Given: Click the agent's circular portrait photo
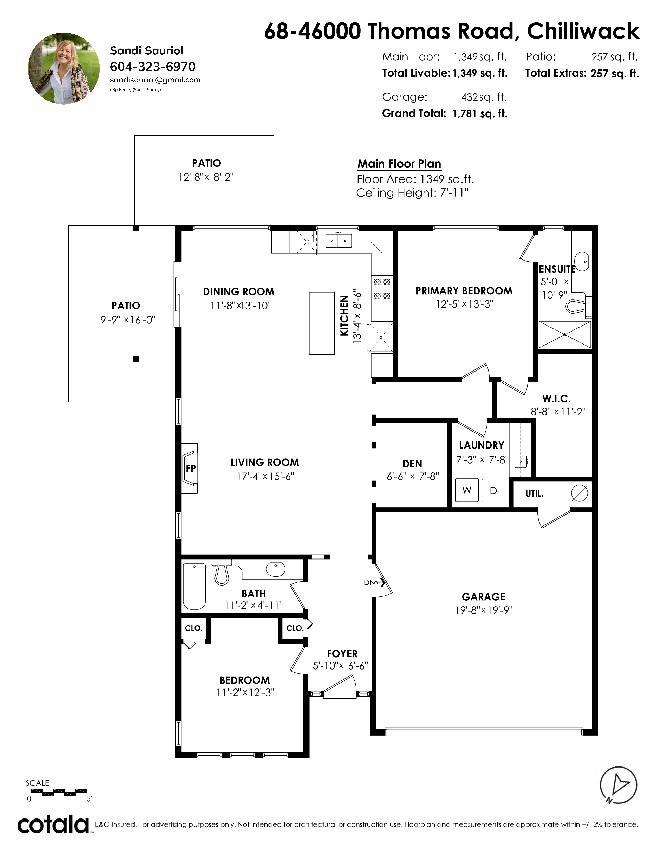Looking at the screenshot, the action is [x=64, y=68].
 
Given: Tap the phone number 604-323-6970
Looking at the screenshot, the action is [x=153, y=67].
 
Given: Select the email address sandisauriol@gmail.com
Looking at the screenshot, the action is [x=155, y=80].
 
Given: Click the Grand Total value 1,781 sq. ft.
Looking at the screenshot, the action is [x=480, y=114].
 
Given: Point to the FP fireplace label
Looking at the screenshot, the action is [x=191, y=468].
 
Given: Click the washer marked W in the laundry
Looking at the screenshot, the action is [x=467, y=490].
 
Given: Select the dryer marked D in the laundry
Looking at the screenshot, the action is [x=493, y=490].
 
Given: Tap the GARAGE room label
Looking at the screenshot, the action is [x=484, y=597].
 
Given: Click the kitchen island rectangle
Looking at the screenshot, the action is [x=322, y=323].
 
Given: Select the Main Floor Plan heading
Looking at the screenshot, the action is [x=399, y=164].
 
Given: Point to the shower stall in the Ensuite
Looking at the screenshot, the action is [x=565, y=335].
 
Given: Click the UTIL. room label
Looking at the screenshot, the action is [x=535, y=493].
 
